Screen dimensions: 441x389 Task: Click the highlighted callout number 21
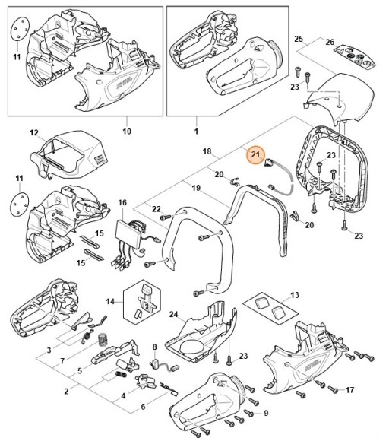256,155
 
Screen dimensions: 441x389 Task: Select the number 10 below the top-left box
127,131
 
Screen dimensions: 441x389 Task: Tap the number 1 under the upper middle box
195,131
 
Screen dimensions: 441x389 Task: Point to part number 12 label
33,133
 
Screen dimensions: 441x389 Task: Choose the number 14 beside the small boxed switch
111,301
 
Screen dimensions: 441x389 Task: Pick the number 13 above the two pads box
295,294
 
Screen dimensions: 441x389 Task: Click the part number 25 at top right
299,38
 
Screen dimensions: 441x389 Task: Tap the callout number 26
330,42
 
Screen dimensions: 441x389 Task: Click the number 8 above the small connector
155,347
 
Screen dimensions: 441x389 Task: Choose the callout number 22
157,209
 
